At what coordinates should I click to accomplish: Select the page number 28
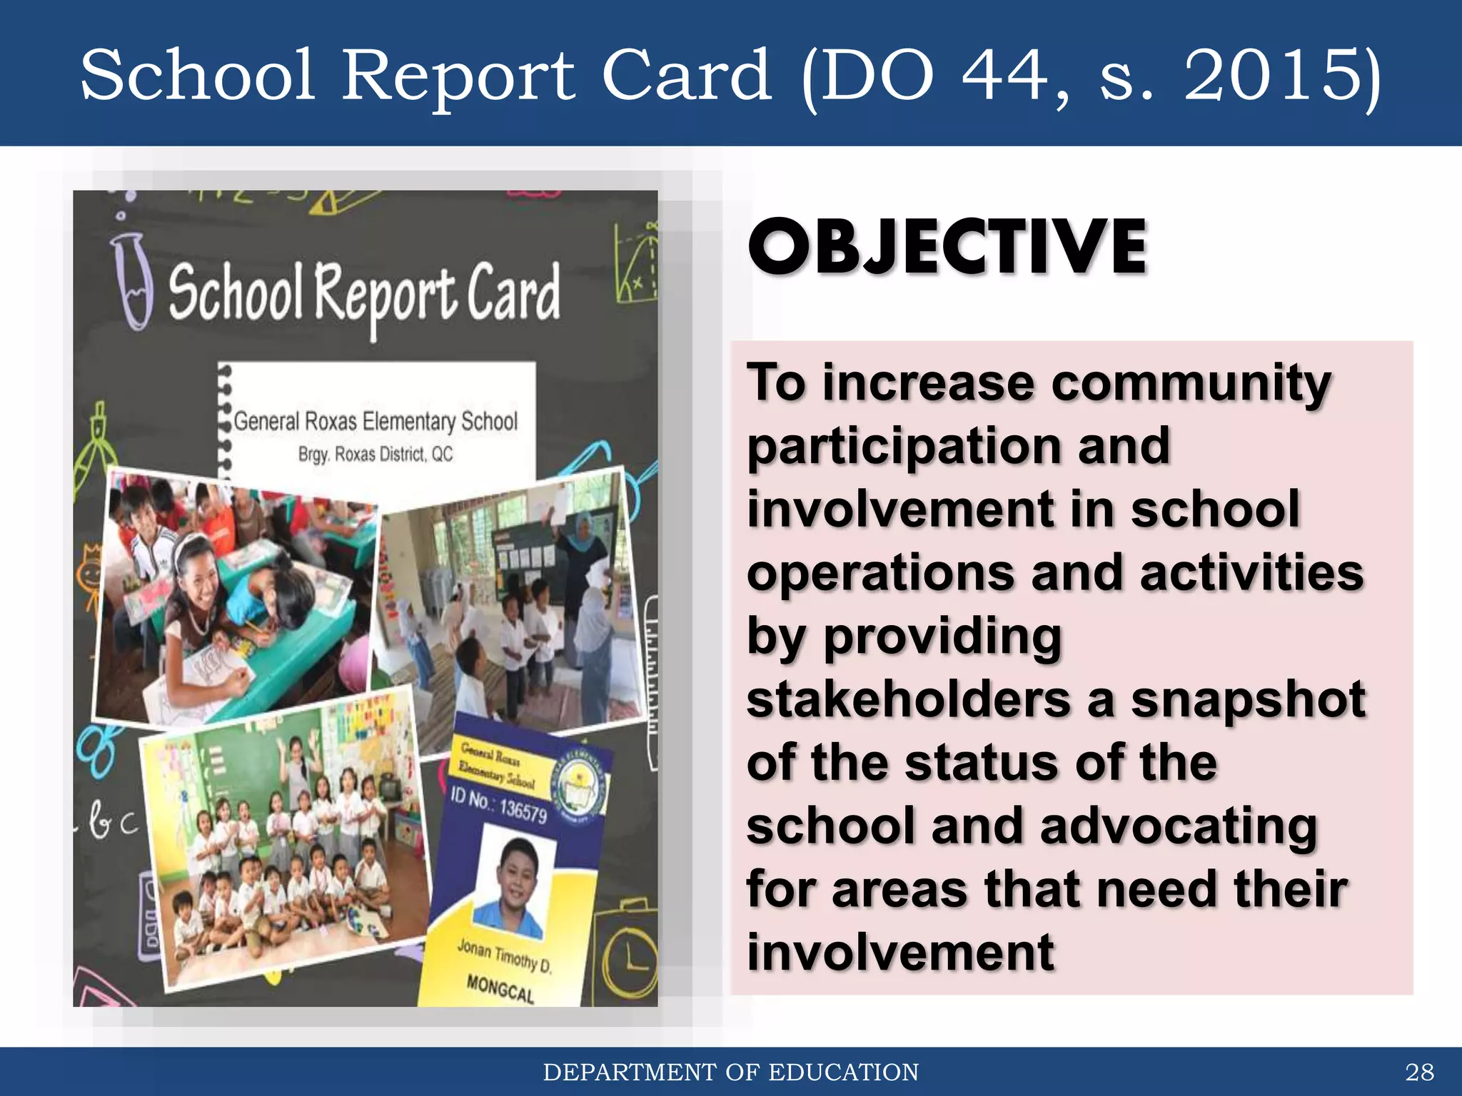coord(1419,1072)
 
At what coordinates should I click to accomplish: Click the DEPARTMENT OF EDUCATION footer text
coord(730,1072)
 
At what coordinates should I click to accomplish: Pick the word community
coord(1191,383)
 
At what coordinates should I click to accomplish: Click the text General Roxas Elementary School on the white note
coord(375,421)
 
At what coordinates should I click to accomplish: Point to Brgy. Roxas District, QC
coord(375,454)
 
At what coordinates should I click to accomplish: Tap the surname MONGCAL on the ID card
coord(500,988)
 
